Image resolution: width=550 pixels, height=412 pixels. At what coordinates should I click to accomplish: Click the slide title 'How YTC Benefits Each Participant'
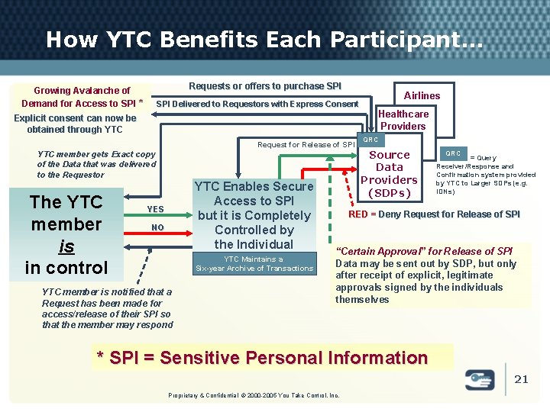[x=264, y=40]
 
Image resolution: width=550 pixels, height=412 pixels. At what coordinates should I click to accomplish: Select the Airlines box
[x=422, y=95]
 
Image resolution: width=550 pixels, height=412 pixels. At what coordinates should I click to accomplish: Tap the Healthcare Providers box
[x=403, y=120]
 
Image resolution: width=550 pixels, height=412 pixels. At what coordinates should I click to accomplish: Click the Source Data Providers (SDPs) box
[x=389, y=173]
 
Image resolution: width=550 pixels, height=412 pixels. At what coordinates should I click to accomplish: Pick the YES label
[x=155, y=209]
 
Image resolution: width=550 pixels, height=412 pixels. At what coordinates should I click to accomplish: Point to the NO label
[x=157, y=227]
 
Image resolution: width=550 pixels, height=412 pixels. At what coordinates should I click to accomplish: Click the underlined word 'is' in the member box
[x=66, y=246]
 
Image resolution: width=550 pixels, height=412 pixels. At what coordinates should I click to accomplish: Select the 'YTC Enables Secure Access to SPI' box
[x=254, y=215]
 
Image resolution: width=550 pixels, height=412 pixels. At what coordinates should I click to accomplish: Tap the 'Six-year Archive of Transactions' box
[x=254, y=264]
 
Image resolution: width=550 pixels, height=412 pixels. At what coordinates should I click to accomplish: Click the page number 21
[x=521, y=379]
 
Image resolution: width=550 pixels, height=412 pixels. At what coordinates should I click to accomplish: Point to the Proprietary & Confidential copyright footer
[x=253, y=394]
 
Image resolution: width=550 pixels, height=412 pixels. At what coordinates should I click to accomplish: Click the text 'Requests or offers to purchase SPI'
[x=265, y=86]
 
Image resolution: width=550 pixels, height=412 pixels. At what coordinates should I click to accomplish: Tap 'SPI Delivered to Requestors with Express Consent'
[x=257, y=104]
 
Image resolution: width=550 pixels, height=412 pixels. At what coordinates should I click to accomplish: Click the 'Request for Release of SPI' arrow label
[x=306, y=144]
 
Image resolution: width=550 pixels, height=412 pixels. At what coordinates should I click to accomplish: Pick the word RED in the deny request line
[x=358, y=214]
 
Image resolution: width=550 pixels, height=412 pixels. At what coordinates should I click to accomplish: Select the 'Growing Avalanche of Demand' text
[x=82, y=97]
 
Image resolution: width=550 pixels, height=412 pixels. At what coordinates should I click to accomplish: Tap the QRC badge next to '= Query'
[x=454, y=153]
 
